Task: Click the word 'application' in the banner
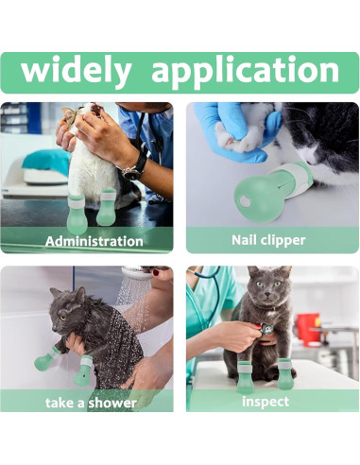[x=245, y=72]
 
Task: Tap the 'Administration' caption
[x=94, y=240]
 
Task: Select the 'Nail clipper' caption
[x=268, y=240]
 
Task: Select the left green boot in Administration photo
[x=78, y=207]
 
